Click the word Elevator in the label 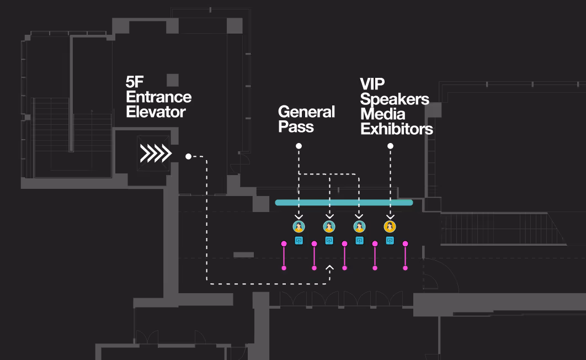[156, 112]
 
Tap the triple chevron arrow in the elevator [155, 153]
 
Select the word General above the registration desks [306, 112]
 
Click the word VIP [373, 84]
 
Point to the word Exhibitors [396, 130]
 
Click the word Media [382, 114]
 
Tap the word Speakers [394, 99]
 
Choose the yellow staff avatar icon [390, 226]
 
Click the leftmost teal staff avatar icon [299, 226]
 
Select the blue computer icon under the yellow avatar [390, 240]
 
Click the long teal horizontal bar [344, 203]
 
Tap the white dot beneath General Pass [299, 146]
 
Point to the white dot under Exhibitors [390, 146]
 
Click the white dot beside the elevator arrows [188, 157]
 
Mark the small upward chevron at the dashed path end [329, 268]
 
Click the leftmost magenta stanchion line [284, 256]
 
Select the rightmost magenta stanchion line [405, 256]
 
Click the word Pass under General [296, 127]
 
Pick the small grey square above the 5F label [173, 80]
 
